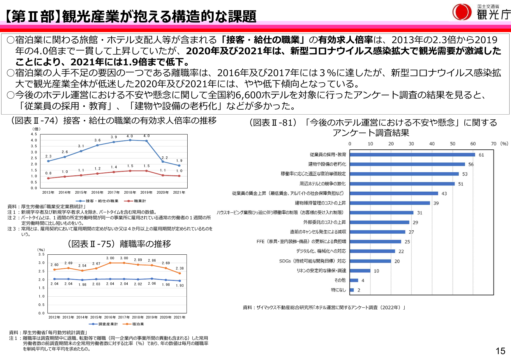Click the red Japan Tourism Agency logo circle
coord(462,12)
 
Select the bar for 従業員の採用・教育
coord(412,155)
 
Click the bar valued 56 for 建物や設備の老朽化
coord(407,164)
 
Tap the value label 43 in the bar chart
coord(444,194)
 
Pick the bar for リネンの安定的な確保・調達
coord(360,271)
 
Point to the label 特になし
coord(338,290)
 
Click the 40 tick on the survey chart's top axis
coord(432,144)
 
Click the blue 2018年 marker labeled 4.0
coord(130,140)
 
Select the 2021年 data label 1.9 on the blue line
coord(179,161)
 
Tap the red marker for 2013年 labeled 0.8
coord(48,178)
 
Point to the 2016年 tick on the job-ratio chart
coord(97,193)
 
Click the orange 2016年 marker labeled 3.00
coord(110,263)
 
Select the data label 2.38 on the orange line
coord(179,268)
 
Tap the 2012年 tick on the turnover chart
coord(54,317)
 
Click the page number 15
coord(500,351)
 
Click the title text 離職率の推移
coord(145,244)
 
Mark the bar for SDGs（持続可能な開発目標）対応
coord(370,261)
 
